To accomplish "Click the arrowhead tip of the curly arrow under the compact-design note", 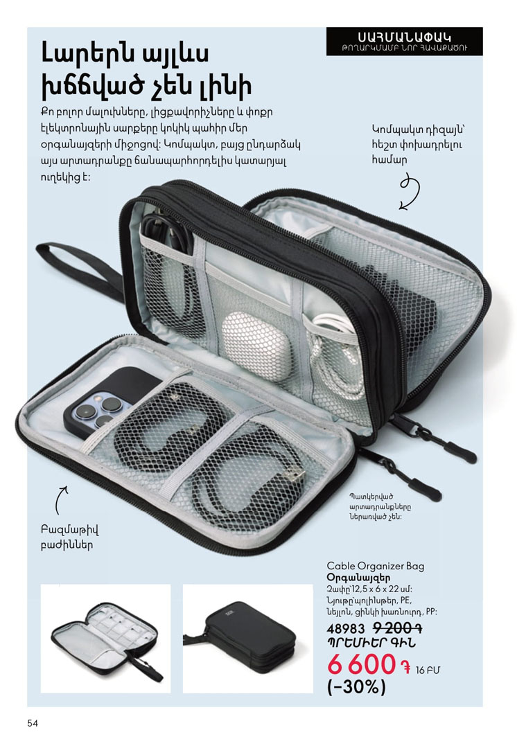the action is [400, 209].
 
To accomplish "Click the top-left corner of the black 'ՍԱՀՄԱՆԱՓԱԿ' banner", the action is [326, 27].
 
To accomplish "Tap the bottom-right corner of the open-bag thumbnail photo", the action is [171, 693].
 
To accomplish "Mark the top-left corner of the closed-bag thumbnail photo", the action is [183, 584].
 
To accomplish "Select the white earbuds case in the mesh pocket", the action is [256, 346].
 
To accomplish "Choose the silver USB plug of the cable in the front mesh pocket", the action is [294, 475].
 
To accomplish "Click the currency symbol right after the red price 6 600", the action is [406, 668].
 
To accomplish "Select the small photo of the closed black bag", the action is [248, 639].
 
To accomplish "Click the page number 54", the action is [33, 723].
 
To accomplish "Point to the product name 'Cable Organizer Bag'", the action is [375, 567].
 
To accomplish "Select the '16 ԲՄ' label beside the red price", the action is [428, 670].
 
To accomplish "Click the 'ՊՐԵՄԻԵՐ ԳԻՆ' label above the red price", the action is [371, 643].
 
